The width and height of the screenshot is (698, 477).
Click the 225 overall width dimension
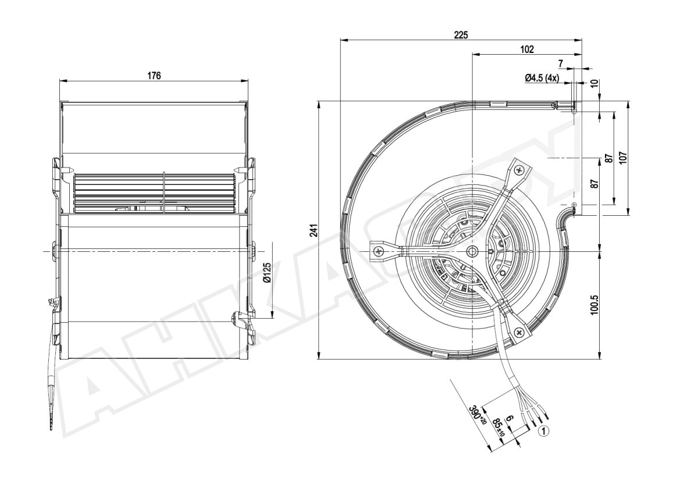[x=461, y=35]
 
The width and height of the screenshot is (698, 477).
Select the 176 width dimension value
[x=154, y=76]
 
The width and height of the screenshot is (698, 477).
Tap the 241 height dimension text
[x=314, y=230]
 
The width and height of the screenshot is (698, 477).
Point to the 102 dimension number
[x=527, y=49]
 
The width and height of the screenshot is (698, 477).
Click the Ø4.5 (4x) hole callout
[x=542, y=78]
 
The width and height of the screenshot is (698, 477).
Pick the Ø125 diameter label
[x=267, y=273]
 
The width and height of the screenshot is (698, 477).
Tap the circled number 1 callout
[x=544, y=431]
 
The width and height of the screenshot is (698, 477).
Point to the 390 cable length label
[x=478, y=415]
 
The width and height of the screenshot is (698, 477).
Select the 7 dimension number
[x=561, y=64]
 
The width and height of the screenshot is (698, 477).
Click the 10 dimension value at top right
[x=594, y=84]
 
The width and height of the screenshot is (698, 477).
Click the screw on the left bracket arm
[x=378, y=251]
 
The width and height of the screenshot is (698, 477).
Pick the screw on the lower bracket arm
[x=519, y=333]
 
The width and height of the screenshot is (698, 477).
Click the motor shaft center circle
[x=472, y=251]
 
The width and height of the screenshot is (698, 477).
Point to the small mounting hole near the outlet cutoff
[x=575, y=205]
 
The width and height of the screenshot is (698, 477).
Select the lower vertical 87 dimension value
[x=595, y=184]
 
